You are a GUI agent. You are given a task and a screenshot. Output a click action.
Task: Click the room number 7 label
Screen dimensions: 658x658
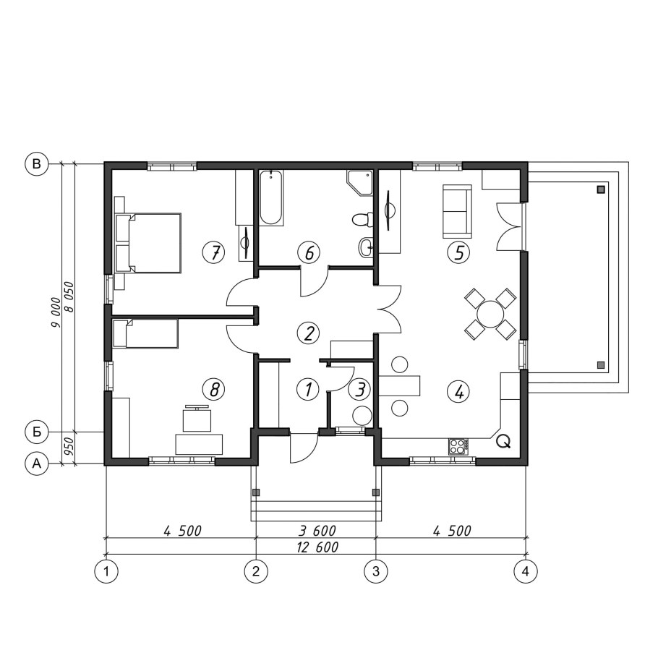click(x=213, y=252)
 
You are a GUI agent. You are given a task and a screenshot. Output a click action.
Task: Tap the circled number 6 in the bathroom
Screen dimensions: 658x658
click(x=309, y=252)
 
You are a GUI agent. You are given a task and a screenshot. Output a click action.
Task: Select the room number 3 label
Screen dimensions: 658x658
click(x=359, y=389)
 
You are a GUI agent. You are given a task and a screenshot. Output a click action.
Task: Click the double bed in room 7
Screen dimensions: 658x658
click(x=148, y=244)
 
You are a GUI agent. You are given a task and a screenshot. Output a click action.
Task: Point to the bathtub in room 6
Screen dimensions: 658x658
click(x=270, y=197)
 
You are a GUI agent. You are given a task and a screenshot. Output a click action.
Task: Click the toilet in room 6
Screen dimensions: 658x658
click(x=362, y=220)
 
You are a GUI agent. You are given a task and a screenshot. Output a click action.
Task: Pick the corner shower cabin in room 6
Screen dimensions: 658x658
click(x=359, y=182)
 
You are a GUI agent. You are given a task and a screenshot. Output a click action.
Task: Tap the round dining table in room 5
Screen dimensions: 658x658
click(x=490, y=314)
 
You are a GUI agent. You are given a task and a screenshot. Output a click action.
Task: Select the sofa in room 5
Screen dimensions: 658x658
click(x=456, y=213)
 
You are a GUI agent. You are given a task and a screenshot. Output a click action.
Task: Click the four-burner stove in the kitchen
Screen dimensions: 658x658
click(x=458, y=447)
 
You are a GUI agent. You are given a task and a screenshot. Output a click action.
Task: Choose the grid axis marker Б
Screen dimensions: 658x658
click(x=37, y=432)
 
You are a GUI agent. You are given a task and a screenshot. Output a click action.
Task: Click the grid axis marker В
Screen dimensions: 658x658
click(x=37, y=163)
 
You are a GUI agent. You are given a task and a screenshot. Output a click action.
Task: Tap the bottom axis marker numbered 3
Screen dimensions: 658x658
click(x=375, y=571)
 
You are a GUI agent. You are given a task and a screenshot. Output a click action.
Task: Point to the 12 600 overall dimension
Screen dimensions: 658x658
click(x=317, y=547)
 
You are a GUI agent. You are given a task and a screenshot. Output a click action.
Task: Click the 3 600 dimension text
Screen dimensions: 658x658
click(x=317, y=531)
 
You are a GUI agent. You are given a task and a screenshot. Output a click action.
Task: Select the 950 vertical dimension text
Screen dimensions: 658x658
click(x=69, y=448)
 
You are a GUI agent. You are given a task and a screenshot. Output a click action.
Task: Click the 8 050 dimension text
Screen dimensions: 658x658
click(x=69, y=297)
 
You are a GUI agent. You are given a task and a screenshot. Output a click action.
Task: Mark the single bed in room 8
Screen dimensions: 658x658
click(x=145, y=333)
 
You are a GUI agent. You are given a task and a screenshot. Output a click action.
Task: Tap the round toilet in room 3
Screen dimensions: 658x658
click(x=362, y=416)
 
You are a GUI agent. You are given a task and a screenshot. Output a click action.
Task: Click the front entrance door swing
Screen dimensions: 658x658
click(x=304, y=449)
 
